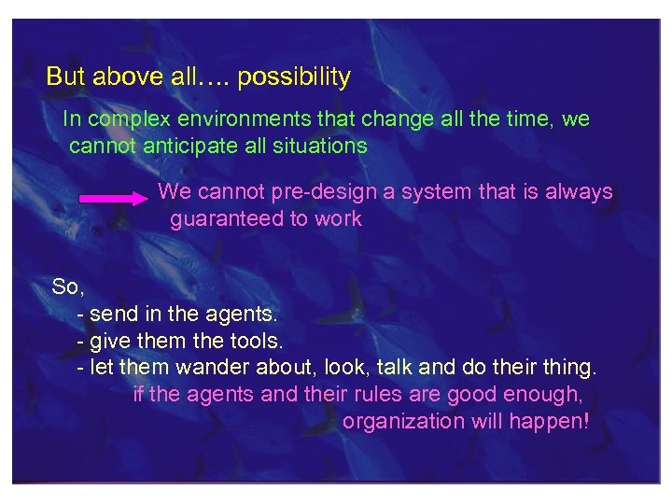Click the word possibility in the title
(x=294, y=77)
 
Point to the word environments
(x=229, y=120)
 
